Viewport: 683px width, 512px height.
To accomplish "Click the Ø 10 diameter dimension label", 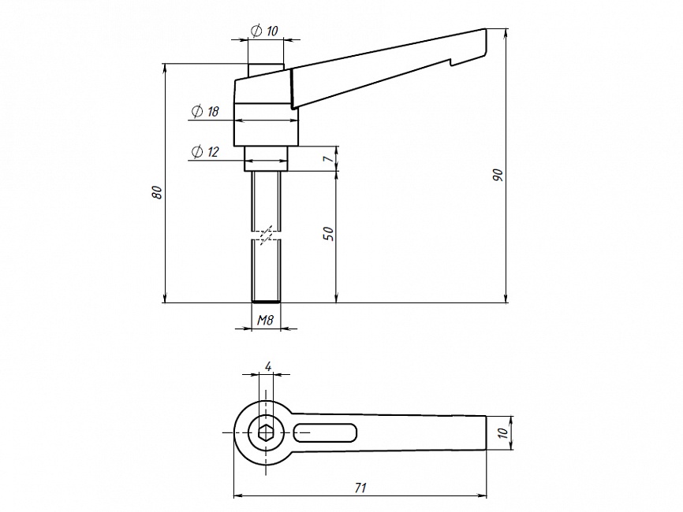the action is click(x=264, y=31).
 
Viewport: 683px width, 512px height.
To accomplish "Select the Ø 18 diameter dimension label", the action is click(x=205, y=111).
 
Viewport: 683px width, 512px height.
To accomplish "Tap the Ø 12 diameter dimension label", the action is click(x=205, y=152).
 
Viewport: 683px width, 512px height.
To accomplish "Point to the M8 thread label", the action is click(x=265, y=320).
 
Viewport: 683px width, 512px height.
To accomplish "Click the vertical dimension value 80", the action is click(x=157, y=192).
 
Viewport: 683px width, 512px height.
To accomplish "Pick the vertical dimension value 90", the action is click(x=498, y=175).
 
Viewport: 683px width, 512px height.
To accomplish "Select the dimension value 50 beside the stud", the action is click(x=329, y=234).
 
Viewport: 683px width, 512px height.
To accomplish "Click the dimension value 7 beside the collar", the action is click(x=330, y=158).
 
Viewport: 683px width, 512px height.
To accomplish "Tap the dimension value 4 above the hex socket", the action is click(x=268, y=367).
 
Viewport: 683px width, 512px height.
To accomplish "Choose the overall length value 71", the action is click(x=360, y=488).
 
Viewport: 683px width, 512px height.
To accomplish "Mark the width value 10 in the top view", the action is click(x=502, y=432).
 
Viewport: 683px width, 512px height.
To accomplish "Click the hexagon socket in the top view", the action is click(x=265, y=432).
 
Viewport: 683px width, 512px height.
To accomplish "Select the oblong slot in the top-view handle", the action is click(x=326, y=432).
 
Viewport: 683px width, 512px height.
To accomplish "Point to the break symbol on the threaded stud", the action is click(x=266, y=235).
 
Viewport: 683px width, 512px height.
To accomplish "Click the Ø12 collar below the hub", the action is click(x=266, y=159).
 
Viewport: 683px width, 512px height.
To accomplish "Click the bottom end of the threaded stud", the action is click(x=266, y=302).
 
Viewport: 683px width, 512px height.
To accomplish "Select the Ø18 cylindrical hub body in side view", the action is click(x=266, y=124).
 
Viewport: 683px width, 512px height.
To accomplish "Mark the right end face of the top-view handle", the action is click(x=486, y=432).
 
